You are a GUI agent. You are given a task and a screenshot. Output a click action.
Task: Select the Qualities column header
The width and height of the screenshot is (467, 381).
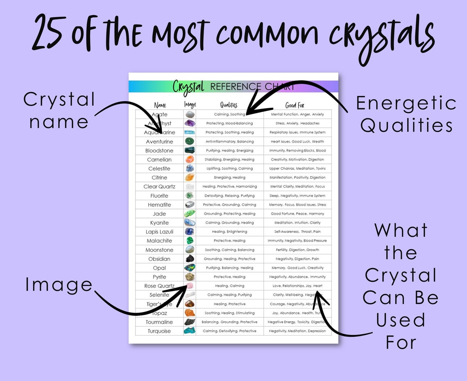click(229, 105)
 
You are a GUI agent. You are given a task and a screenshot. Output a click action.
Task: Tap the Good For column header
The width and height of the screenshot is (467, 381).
click(295, 105)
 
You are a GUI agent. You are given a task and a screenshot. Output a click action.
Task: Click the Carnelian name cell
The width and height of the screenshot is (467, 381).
click(159, 159)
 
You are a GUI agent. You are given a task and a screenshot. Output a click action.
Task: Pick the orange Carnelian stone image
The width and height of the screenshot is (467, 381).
click(190, 159)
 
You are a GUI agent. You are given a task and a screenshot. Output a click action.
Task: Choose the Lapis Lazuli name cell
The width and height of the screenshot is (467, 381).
click(159, 232)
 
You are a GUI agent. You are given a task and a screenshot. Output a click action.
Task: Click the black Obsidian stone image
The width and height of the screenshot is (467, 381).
click(190, 259)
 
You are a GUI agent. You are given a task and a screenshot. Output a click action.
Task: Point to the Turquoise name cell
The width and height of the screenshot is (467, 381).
click(159, 331)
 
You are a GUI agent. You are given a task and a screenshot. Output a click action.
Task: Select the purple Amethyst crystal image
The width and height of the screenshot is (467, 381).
click(190, 123)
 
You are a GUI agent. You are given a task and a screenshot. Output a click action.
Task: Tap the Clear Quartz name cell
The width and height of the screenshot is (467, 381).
click(159, 186)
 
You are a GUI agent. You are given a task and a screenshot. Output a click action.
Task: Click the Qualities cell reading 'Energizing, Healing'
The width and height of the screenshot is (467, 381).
click(229, 177)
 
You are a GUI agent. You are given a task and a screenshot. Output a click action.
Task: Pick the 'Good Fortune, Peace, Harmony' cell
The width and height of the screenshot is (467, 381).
click(297, 213)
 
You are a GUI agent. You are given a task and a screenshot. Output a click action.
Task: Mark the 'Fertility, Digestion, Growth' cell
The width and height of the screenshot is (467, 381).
click(297, 250)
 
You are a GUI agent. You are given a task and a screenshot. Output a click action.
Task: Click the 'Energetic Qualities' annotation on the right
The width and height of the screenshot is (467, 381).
click(406, 114)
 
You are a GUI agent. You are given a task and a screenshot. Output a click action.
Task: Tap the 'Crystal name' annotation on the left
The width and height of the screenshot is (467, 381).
click(59, 111)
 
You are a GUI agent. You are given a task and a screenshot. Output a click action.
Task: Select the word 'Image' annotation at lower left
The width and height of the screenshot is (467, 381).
click(59, 285)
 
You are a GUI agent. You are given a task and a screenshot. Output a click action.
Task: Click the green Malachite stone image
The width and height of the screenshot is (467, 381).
click(190, 241)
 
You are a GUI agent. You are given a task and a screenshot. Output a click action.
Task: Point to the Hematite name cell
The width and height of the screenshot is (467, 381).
click(159, 204)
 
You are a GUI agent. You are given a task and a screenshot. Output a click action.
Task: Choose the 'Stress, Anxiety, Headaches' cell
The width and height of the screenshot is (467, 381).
click(297, 123)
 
